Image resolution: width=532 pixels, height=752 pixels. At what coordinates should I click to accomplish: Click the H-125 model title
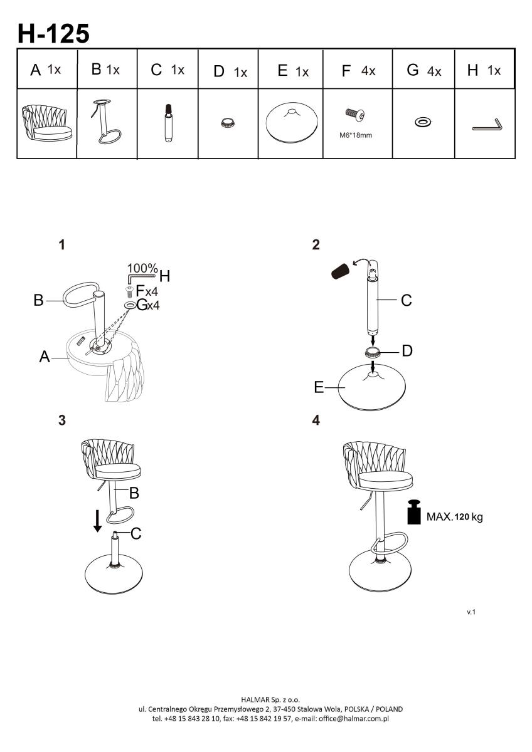53,34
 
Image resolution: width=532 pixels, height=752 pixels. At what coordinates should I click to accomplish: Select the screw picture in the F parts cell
356,115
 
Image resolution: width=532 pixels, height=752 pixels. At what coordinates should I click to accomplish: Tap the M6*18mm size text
356,134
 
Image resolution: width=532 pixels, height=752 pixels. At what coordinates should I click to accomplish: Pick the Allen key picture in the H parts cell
487,125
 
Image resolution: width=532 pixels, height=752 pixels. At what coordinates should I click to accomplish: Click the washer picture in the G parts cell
422,120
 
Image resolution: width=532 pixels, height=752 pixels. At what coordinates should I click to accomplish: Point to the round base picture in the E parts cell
290,123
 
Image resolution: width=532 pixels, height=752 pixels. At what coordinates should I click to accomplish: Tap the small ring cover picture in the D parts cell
227,122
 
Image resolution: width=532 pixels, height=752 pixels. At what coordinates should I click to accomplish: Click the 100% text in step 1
142,269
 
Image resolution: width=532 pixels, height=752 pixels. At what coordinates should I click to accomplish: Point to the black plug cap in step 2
341,271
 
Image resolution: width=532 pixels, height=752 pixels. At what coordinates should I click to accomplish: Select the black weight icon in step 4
413,511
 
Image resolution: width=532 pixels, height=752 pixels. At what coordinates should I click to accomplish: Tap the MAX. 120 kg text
455,518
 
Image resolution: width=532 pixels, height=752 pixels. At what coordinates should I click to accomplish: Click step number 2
316,245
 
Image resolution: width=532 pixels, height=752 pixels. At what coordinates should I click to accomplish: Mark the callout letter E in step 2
319,388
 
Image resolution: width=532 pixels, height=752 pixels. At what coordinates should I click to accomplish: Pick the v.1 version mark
471,612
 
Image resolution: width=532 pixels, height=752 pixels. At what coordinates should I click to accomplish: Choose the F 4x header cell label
358,71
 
